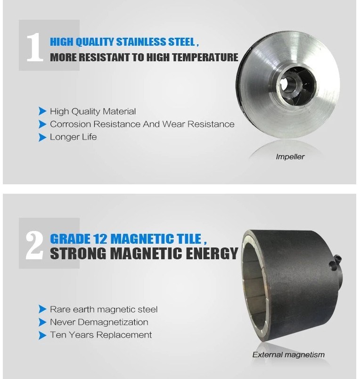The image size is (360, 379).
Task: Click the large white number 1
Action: (x=34, y=47)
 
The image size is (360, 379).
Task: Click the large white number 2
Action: (x=34, y=245)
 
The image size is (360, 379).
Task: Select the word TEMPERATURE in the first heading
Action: (x=205, y=58)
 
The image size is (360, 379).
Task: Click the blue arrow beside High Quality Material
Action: (x=42, y=111)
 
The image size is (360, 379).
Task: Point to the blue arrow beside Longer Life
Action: (x=42, y=137)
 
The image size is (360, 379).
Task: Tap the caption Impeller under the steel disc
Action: (x=290, y=157)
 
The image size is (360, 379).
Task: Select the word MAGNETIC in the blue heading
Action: (x=142, y=239)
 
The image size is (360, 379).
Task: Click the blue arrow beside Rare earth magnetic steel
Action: (x=42, y=309)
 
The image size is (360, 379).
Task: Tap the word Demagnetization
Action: (x=113, y=322)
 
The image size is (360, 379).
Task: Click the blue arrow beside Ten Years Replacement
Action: (x=42, y=336)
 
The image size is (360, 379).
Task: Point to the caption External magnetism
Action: (x=288, y=355)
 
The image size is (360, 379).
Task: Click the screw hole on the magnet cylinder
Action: (x=332, y=265)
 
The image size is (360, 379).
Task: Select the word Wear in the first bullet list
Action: (x=173, y=124)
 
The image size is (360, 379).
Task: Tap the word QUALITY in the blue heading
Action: (x=94, y=42)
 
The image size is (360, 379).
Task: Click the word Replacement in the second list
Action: (x=124, y=336)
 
